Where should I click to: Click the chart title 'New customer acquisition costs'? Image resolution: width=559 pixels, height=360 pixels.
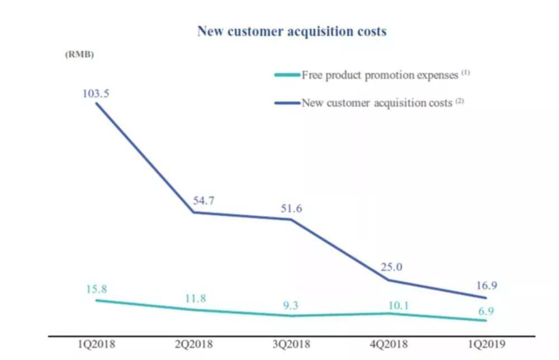point(291,31)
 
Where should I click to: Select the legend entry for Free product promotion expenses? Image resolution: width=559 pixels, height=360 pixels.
point(372,75)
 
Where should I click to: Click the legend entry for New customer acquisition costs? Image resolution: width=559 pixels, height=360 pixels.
point(372,103)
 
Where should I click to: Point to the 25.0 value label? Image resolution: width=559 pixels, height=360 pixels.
point(391,267)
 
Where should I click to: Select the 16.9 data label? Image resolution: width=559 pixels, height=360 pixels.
point(486,286)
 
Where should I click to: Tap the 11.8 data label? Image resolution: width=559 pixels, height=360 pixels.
point(196,299)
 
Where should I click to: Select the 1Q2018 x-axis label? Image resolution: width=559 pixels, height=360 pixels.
point(97,345)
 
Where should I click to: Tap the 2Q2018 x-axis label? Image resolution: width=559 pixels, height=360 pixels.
point(194,345)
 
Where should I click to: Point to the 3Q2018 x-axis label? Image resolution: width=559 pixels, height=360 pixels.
point(292,345)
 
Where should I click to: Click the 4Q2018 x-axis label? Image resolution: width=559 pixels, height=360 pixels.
point(390,345)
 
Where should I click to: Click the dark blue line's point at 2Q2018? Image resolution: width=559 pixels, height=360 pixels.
point(194,212)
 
